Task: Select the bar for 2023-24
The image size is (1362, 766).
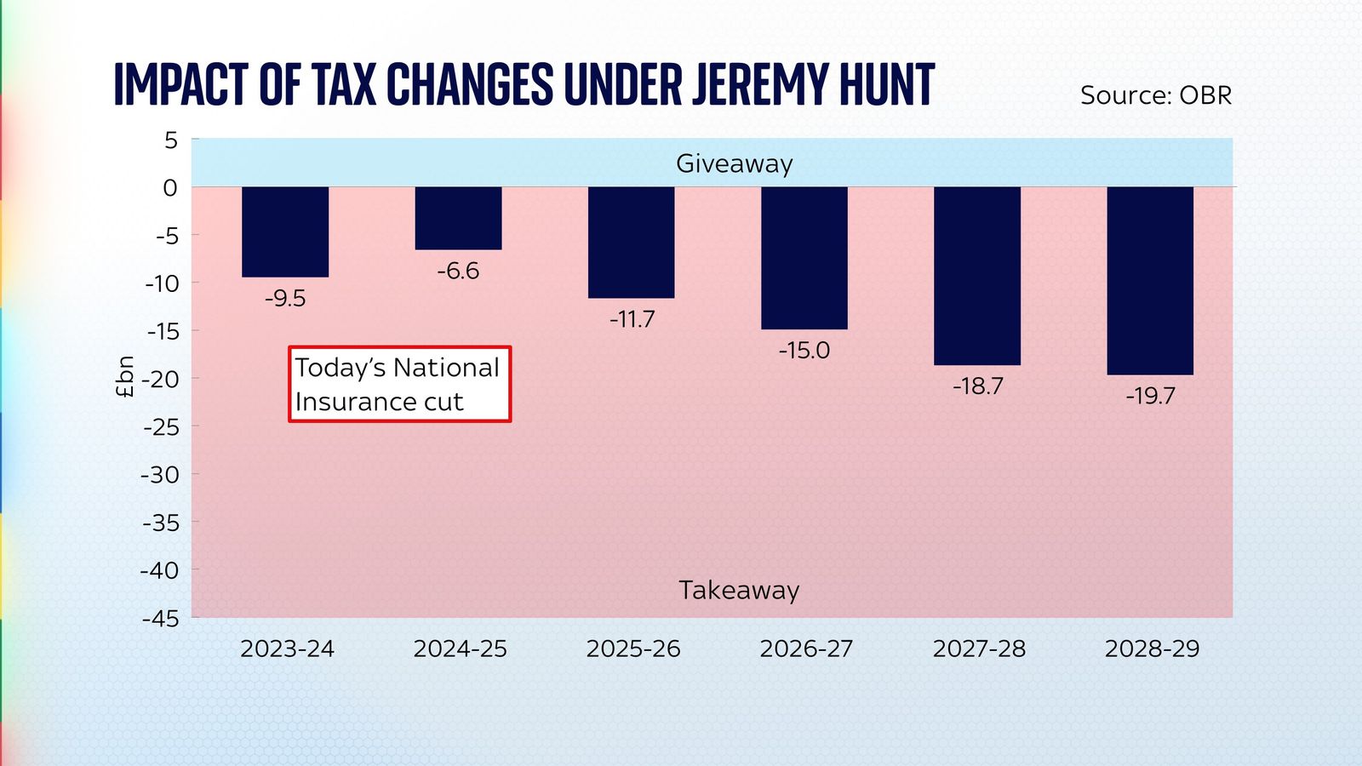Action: coord(285,232)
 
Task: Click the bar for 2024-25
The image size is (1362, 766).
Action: coord(459,218)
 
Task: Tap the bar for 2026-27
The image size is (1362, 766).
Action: coord(804,257)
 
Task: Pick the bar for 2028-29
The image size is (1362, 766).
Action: coord(1150,280)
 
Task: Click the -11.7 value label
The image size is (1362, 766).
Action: coord(632,320)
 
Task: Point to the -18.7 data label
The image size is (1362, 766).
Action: coord(978,386)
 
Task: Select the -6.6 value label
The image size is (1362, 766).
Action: coord(458,272)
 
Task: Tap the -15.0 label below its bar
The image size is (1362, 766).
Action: coord(804,351)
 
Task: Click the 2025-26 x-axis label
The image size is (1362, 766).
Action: coord(633,649)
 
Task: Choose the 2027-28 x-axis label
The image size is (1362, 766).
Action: coord(979,649)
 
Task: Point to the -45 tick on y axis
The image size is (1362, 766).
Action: coord(161,619)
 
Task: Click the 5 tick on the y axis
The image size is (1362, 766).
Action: coord(171,140)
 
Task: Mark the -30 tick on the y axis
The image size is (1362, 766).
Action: coord(161,475)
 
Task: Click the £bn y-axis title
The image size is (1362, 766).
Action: coord(125,377)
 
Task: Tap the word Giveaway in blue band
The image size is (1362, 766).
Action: coord(734,163)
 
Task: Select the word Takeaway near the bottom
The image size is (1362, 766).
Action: coord(739,591)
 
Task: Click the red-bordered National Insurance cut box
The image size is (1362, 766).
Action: coord(399,384)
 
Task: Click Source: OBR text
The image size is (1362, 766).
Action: coord(1155,95)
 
